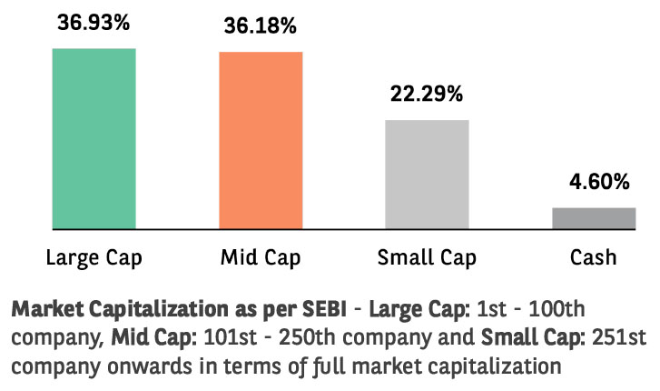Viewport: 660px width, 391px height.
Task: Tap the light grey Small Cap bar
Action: tap(427, 174)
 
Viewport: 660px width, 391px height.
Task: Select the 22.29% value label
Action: tap(427, 93)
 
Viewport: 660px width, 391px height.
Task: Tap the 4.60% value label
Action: tap(594, 182)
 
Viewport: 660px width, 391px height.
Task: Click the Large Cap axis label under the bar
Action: tap(94, 257)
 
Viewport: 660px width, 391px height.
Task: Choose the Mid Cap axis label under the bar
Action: tap(261, 257)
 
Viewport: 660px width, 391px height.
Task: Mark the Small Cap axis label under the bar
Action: tap(427, 257)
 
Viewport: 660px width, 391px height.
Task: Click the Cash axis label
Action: tap(594, 257)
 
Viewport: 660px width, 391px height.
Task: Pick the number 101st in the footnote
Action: tap(225, 337)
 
